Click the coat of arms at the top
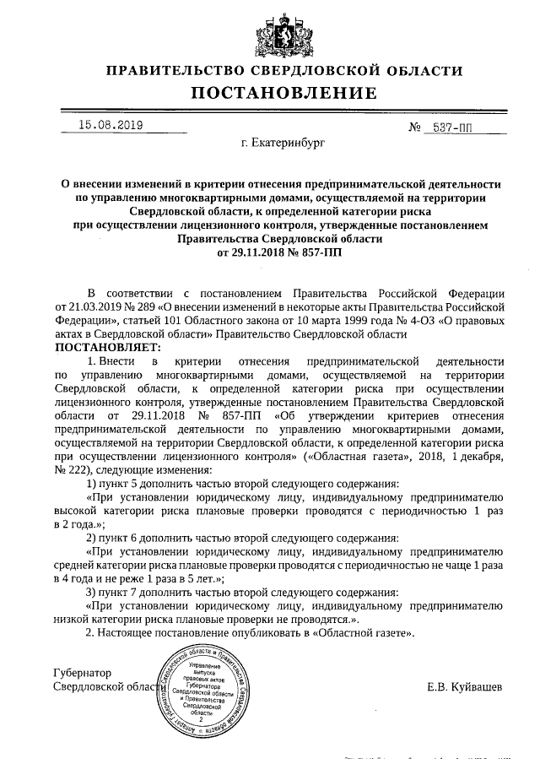pyautogui.click(x=269, y=32)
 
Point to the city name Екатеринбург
pyautogui.click(x=282, y=144)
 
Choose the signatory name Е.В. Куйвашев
pyautogui.click(x=464, y=686)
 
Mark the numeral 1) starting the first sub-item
pyautogui.click(x=92, y=483)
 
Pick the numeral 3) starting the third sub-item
pyautogui.click(x=92, y=592)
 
